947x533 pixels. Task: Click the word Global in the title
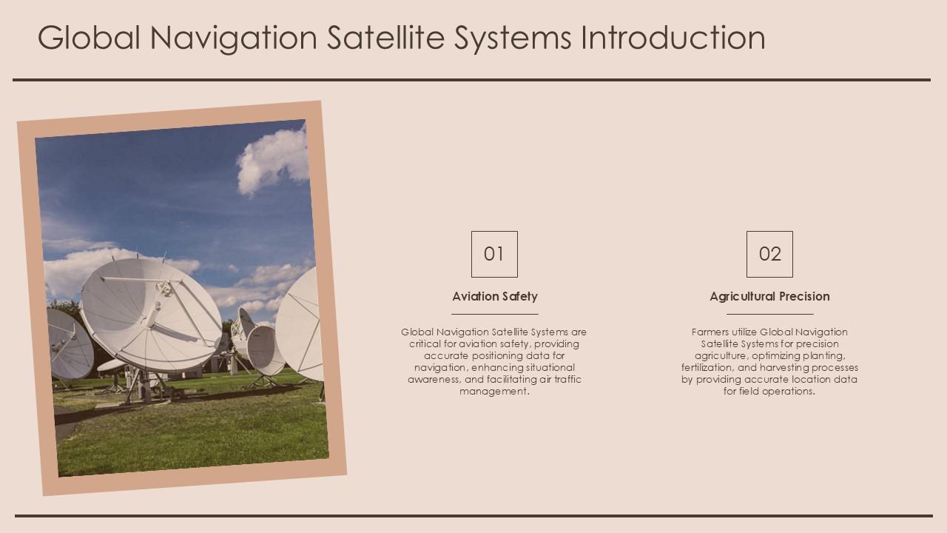89,38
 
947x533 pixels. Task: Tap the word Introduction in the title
673,38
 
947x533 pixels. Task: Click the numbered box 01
494,254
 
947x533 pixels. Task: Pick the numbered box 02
769,254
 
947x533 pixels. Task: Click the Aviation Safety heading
495,296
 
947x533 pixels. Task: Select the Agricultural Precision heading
769,296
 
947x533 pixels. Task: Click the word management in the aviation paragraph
493,392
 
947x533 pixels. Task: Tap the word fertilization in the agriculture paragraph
707,368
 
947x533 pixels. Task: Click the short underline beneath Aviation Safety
495,314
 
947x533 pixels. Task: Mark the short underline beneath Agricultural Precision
769,314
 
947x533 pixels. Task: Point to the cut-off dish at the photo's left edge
68,344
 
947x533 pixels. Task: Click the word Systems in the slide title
513,38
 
